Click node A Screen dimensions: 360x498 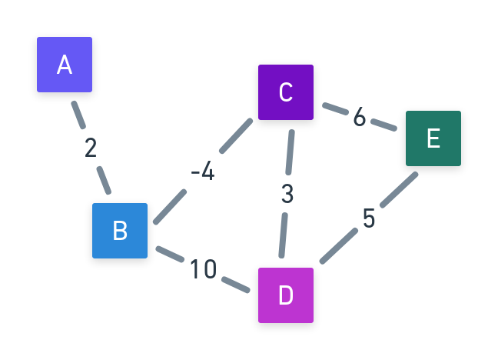[x=65, y=65]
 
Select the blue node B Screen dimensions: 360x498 [x=120, y=231]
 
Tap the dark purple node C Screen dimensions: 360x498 [x=286, y=92]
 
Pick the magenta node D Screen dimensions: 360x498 [x=286, y=295]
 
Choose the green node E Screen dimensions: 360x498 [x=433, y=138]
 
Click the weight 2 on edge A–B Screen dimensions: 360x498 [x=91, y=148]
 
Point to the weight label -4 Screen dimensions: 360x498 [x=202, y=172]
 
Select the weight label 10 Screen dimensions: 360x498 [x=203, y=269]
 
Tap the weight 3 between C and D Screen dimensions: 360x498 [x=287, y=195]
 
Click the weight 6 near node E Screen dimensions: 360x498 [x=359, y=117]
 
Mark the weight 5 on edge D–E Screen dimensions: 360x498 [x=369, y=219]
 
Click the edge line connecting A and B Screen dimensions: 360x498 [x=78, y=114]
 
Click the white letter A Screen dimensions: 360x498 [x=65, y=65]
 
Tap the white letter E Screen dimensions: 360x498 [x=433, y=138]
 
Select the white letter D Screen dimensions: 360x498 [x=286, y=295]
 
